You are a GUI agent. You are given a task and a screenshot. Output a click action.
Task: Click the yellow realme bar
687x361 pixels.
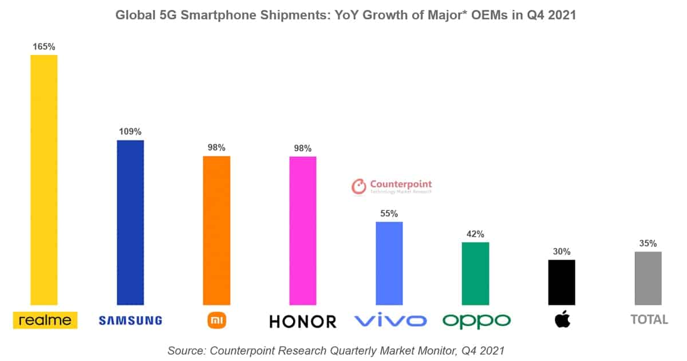(44, 180)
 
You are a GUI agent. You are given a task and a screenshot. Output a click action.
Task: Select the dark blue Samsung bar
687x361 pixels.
(130, 222)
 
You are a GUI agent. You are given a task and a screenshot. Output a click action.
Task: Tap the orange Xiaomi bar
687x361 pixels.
(216, 230)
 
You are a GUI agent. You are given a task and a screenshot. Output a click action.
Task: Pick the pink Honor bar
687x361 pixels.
(303, 230)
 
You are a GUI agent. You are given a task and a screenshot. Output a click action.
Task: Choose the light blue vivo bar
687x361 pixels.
(389, 263)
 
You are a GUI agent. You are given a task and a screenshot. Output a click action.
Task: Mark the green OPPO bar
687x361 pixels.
(475, 273)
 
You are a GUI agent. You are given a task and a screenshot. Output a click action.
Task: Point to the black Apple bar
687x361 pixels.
(562, 282)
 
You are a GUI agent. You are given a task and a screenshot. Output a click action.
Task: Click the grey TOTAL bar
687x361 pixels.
(648, 278)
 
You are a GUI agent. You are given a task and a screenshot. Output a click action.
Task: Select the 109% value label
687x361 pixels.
(130, 131)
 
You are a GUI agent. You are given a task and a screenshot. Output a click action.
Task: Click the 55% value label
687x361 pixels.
(389, 213)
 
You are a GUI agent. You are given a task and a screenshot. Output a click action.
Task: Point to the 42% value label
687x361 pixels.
(475, 234)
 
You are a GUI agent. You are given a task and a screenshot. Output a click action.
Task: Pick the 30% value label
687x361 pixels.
(562, 252)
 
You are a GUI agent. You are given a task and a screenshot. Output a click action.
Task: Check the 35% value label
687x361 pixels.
(648, 244)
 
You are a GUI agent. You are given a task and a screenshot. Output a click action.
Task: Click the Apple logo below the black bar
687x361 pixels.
(562, 320)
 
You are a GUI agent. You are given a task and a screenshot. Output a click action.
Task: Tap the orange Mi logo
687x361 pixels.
(216, 320)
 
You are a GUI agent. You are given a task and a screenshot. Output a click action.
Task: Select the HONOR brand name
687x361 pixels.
(303, 321)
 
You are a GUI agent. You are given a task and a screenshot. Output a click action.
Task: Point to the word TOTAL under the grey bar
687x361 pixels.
(649, 320)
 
